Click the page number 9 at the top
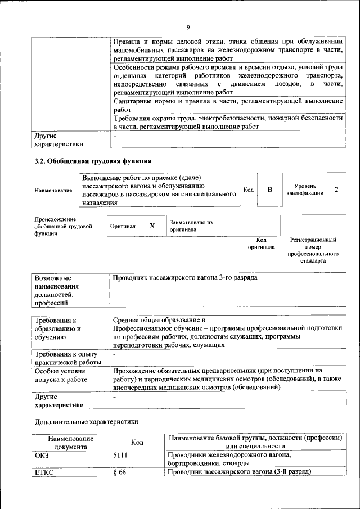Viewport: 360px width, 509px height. coord(188,27)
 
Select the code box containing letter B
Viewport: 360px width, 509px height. coord(269,190)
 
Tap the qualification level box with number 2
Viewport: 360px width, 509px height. coord(336,190)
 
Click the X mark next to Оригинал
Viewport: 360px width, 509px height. coord(152,226)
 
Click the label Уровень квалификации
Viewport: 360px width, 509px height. coord(304,190)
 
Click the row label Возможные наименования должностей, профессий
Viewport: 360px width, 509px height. coord(56,291)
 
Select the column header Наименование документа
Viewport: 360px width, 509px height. coord(70,442)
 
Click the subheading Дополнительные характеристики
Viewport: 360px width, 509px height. coord(86,421)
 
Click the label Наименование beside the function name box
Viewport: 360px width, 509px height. coord(53,191)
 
